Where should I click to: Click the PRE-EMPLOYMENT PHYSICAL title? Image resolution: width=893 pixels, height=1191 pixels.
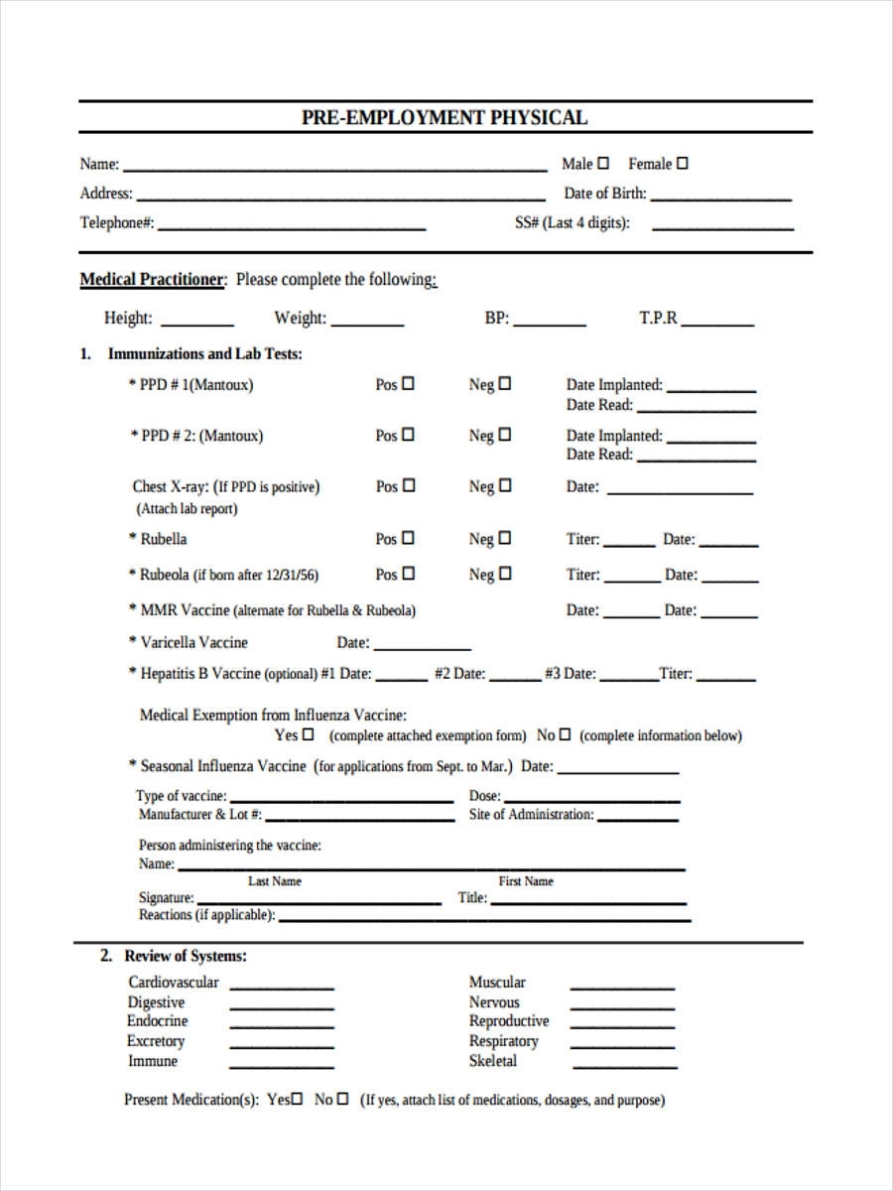[445, 117]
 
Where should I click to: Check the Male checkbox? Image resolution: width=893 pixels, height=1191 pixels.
[604, 163]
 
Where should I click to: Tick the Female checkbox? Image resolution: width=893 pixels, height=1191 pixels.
[682, 163]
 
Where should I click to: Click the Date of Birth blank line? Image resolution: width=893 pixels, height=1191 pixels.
[721, 198]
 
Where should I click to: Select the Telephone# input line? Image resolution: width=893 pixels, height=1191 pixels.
[292, 227]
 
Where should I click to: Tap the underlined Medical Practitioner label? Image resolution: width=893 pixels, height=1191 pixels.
[153, 280]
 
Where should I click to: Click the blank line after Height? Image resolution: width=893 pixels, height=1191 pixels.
[196, 324]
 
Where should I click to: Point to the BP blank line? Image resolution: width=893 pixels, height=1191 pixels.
[549, 324]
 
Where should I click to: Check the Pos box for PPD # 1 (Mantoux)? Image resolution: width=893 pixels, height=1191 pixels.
[408, 383]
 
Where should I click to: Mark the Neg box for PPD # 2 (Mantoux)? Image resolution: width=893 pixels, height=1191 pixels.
[504, 435]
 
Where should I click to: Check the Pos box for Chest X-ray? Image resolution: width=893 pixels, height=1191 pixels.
[408, 486]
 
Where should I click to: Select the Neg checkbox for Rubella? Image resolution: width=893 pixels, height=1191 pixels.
[504, 538]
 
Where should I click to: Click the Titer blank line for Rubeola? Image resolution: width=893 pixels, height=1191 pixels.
[632, 580]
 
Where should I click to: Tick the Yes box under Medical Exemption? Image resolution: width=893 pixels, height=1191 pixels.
[308, 735]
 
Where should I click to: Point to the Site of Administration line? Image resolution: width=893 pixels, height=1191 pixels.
[638, 819]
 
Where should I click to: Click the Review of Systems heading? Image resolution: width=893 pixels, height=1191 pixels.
[185, 956]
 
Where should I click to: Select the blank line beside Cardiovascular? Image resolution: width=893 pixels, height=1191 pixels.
[282, 988]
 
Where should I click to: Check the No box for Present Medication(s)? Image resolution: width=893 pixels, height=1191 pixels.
[342, 1099]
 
